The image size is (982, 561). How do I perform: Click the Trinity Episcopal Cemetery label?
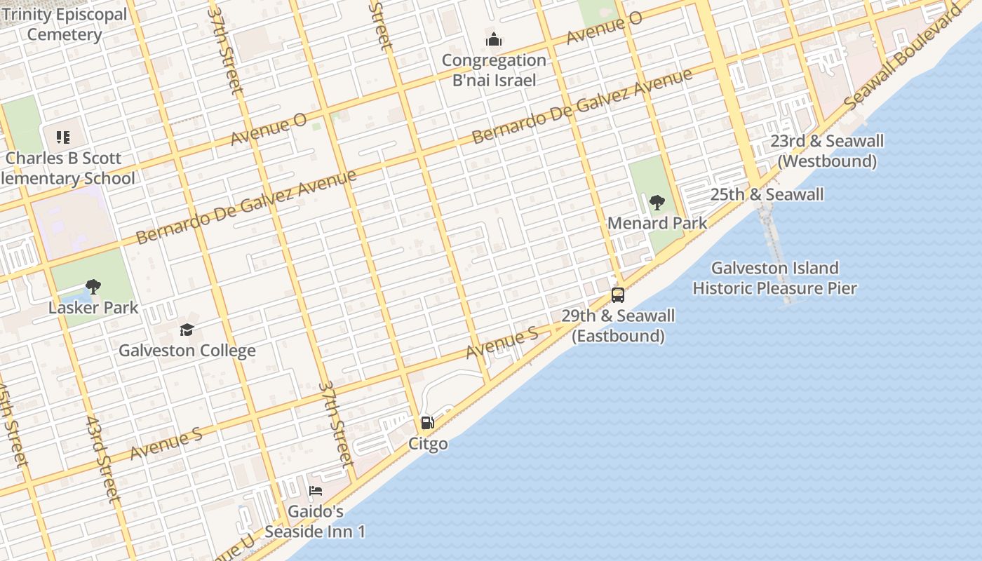(65, 25)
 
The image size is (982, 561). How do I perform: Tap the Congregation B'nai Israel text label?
(494, 70)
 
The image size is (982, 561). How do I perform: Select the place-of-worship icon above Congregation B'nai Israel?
(494, 39)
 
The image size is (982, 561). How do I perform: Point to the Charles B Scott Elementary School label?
(67, 168)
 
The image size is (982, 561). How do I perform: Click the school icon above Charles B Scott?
(63, 137)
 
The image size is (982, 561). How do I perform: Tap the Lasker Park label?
(93, 307)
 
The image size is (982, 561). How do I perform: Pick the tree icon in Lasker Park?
(93, 286)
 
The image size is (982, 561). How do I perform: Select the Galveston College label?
(187, 350)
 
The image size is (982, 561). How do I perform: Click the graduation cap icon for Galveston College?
(187, 330)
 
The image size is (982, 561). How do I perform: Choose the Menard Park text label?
(657, 223)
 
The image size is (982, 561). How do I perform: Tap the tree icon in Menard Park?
(657, 203)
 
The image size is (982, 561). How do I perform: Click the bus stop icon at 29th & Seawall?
(618, 295)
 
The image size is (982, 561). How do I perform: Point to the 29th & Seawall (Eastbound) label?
(618, 325)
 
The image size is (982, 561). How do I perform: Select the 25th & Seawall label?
(767, 194)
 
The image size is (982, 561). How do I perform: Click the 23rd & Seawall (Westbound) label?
(827, 151)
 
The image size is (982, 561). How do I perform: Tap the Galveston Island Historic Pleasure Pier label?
(775, 278)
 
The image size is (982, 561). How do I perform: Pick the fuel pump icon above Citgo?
(427, 423)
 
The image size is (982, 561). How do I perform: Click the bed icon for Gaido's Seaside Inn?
(316, 491)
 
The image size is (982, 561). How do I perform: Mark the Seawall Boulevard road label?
(903, 58)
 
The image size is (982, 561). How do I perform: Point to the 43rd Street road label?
(103, 459)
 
